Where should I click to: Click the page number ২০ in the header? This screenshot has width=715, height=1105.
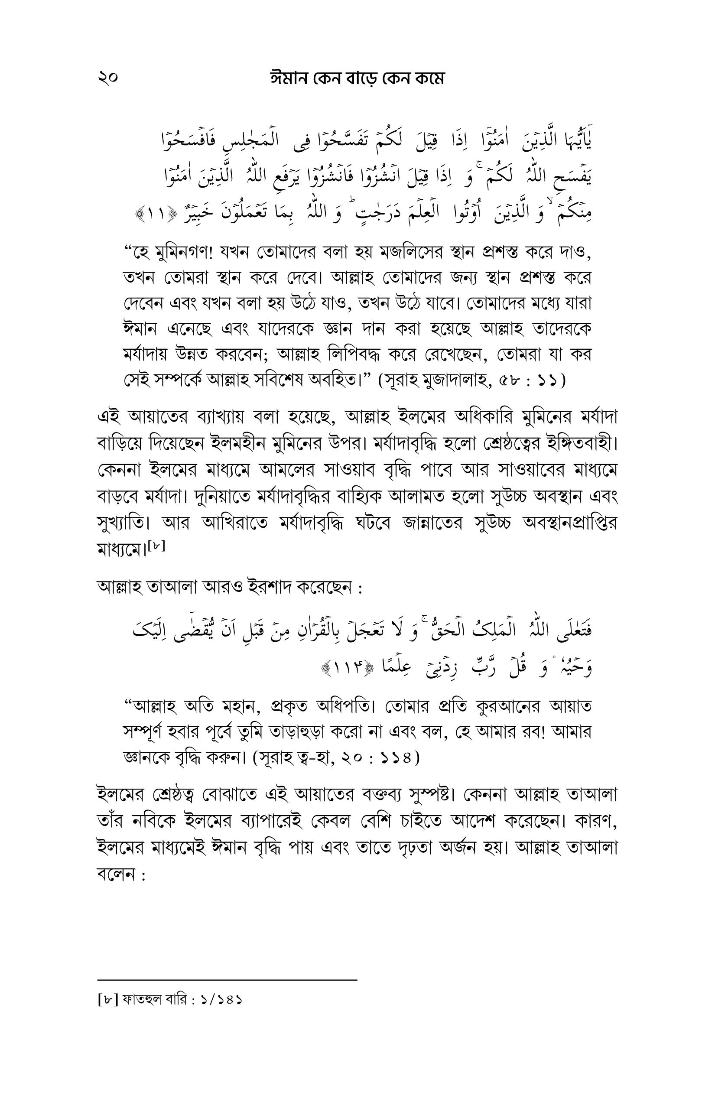pyautogui.click(x=108, y=78)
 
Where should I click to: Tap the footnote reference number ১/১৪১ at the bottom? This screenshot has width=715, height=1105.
pyautogui.click(x=222, y=999)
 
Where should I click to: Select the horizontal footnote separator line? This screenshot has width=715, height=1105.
pyautogui.click(x=227, y=980)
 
